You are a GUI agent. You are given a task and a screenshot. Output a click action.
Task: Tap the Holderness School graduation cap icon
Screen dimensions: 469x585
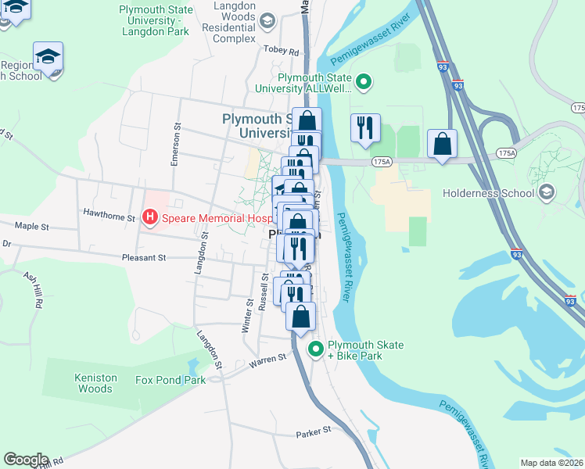pos(547,192)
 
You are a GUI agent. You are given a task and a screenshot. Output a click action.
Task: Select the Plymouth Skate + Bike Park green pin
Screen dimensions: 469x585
pos(316,349)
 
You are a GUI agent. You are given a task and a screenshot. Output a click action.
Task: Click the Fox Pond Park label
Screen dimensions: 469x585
pos(170,381)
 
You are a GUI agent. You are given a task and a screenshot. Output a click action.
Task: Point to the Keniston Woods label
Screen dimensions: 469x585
pos(95,383)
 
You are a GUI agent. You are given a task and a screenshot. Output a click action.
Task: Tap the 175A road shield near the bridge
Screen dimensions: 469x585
pos(381,162)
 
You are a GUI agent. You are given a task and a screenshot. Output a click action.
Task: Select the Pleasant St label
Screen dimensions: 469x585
pos(144,256)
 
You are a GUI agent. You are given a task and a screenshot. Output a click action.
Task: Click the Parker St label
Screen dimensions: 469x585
pos(314,430)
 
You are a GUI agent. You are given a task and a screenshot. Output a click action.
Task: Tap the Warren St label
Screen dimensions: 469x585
pos(267,360)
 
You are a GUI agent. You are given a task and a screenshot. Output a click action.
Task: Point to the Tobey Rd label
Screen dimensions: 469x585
pos(282,52)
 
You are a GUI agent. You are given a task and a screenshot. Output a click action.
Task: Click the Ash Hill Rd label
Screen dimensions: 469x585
pos(34,290)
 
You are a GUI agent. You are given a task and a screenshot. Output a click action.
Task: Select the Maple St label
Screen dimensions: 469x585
pos(31,227)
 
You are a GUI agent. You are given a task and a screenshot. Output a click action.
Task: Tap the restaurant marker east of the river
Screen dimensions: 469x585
pos(365,127)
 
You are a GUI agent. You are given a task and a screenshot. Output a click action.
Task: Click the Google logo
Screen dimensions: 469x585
pos(25,460)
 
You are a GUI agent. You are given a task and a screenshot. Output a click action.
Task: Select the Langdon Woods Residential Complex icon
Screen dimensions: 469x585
pos(267,20)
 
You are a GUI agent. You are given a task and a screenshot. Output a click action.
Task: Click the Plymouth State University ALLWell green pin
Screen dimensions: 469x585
pos(363,81)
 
